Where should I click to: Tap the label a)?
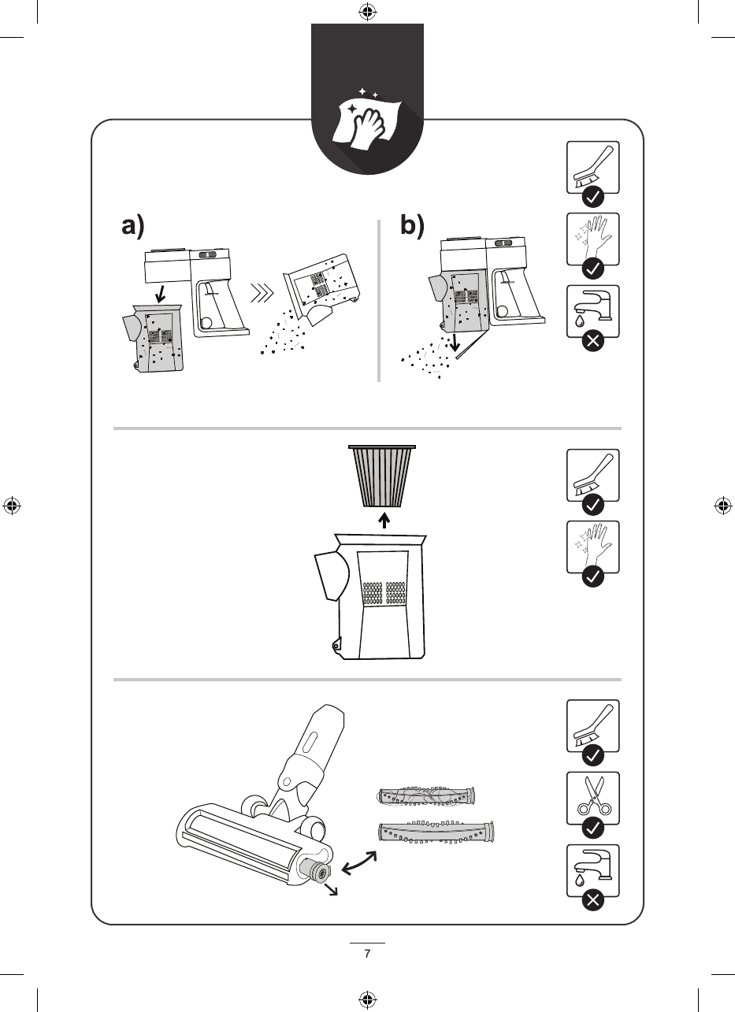[x=133, y=227]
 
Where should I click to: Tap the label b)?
[x=411, y=227]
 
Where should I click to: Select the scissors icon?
[x=592, y=796]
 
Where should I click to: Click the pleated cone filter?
[x=384, y=476]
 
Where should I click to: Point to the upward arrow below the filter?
[x=384, y=521]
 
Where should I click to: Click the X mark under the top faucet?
[x=592, y=343]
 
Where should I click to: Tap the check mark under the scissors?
[x=592, y=828]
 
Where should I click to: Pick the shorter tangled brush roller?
[x=427, y=797]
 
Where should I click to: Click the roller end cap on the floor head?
[x=319, y=872]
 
